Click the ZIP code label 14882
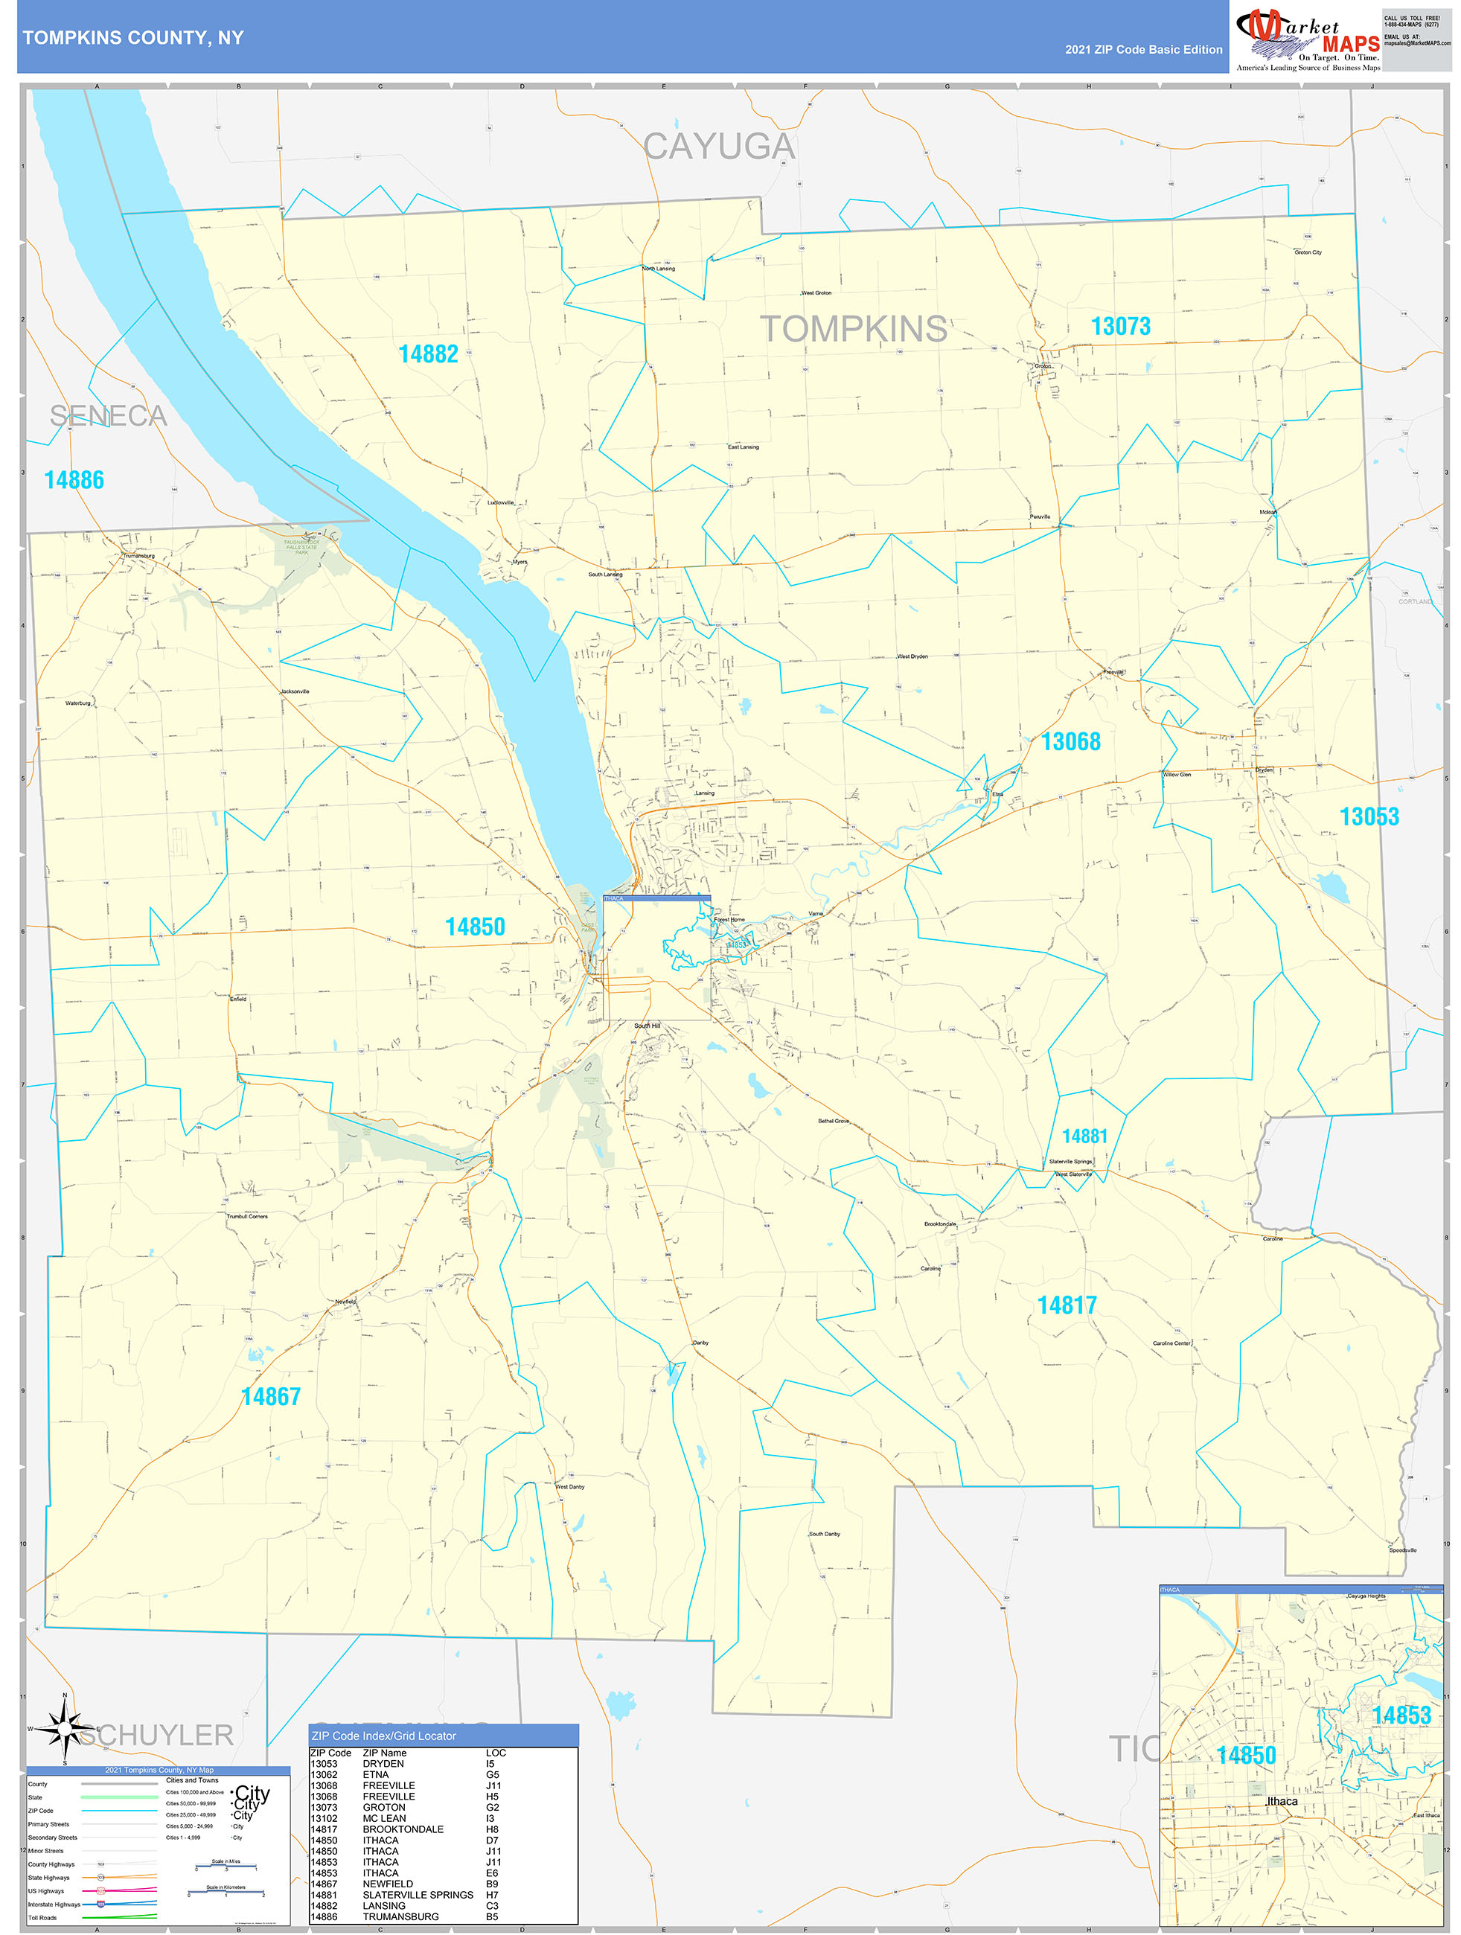pos(428,354)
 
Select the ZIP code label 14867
pos(270,1396)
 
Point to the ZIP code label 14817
pos(1067,1305)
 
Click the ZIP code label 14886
pos(74,479)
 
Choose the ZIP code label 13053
pos(1369,816)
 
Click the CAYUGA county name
pos(719,146)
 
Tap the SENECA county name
pos(108,415)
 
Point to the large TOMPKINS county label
pos(853,329)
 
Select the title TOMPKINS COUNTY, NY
pos(133,38)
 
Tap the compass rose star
pos(64,1729)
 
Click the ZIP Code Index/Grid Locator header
pos(383,1736)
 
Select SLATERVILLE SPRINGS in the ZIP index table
pos(418,1895)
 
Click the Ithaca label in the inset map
pos(1282,1801)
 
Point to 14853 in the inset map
pos(1401,1715)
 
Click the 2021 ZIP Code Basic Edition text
pos(1143,50)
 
